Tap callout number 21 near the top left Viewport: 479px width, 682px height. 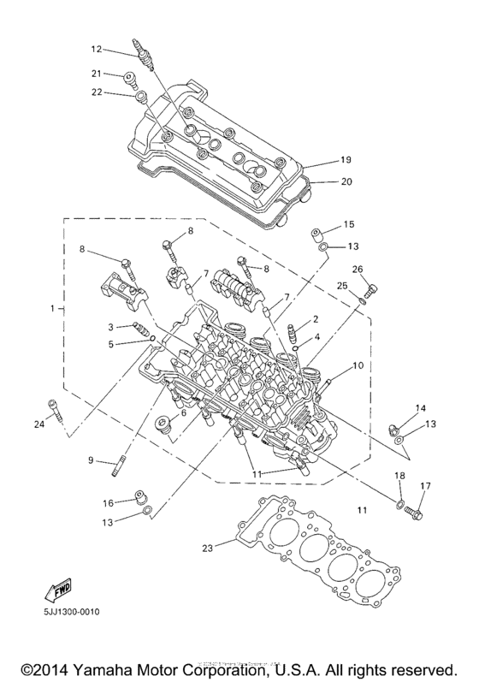(x=97, y=74)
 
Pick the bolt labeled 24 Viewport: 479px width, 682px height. (x=56, y=413)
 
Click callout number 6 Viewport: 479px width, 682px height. (x=183, y=412)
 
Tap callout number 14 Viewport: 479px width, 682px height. (x=421, y=408)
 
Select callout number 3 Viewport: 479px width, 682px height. (x=110, y=327)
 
